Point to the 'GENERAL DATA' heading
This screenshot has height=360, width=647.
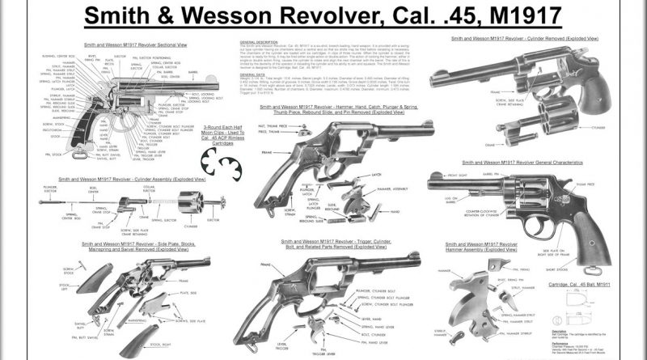[x=254, y=72]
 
